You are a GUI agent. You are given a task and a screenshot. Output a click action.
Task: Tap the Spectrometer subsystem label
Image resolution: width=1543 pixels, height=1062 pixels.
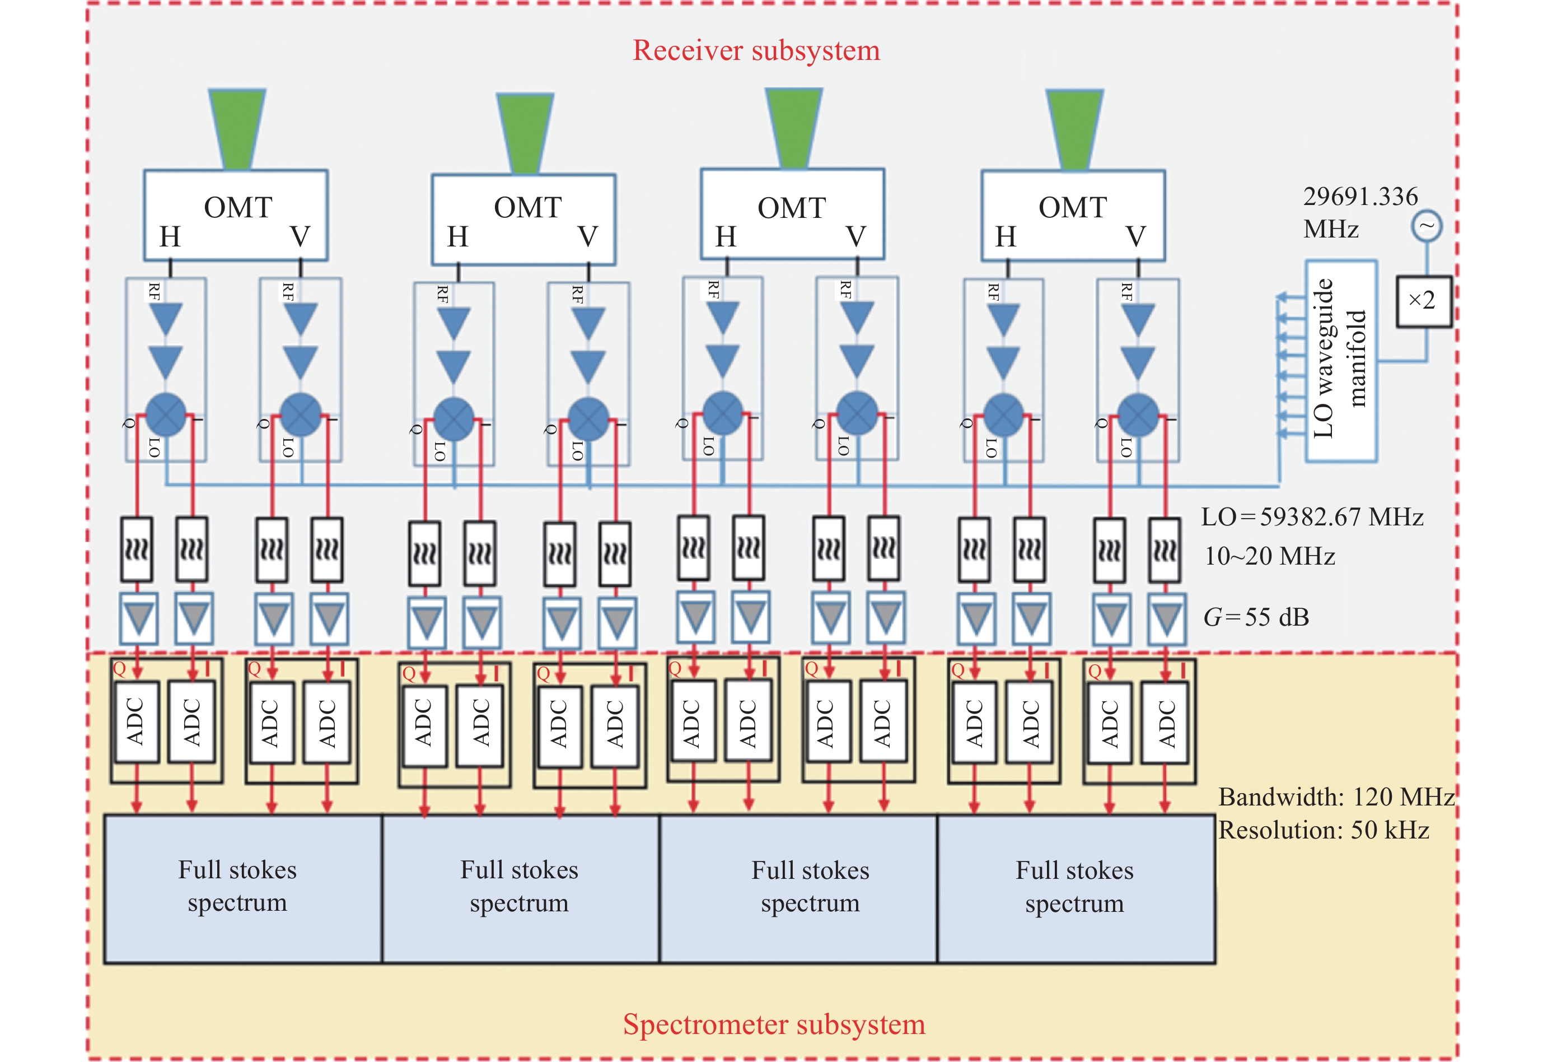pos(774,1024)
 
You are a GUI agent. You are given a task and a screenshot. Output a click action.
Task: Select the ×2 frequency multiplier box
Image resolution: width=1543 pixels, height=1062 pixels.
pos(1423,301)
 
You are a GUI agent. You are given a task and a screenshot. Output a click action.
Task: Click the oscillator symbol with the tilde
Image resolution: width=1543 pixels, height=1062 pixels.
pos(1426,226)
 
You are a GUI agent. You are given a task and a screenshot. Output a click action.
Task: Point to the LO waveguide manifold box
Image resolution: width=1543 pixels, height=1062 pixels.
pos(1340,361)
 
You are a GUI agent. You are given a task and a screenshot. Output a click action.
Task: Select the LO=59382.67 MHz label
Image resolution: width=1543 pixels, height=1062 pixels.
pos(1312,517)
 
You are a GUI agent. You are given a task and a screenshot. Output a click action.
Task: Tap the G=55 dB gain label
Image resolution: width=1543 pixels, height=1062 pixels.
pos(1256,617)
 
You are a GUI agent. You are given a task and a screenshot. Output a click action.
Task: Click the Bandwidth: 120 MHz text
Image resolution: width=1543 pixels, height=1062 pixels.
pos(1335,796)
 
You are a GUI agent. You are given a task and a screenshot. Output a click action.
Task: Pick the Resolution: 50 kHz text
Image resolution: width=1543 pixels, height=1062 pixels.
pos(1324,830)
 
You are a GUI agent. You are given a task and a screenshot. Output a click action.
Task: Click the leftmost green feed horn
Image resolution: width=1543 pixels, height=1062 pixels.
pos(237,128)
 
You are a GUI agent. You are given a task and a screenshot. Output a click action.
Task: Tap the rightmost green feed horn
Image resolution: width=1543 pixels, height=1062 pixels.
pos(1075,128)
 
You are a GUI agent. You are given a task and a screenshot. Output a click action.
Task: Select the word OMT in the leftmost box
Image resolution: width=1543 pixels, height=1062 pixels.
pos(237,208)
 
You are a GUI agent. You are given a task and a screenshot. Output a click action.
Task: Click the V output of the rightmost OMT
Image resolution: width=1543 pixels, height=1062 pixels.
pos(1136,237)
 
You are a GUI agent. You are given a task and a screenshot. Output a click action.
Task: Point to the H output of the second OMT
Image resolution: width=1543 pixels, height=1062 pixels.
pos(457,237)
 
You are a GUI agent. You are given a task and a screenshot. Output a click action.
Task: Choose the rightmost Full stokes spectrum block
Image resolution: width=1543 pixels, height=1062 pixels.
pos(1076,888)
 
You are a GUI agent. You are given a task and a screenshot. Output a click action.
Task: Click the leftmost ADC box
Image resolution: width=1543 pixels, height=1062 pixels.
pos(137,721)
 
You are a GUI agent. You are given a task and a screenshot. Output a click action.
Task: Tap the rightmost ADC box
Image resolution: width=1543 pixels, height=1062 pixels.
pos(1166,723)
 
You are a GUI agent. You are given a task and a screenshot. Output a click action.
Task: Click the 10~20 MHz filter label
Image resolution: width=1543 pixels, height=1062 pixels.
pos(1270,556)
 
